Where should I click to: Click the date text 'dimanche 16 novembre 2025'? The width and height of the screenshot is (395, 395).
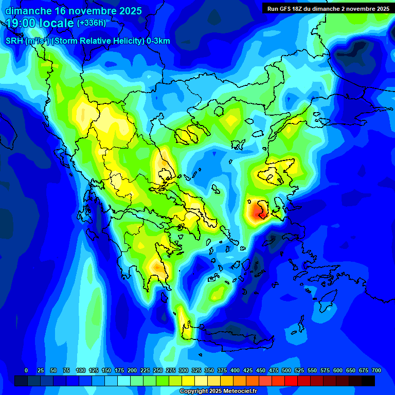click(74, 11)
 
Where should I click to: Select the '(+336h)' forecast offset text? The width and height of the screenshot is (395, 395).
click(92, 23)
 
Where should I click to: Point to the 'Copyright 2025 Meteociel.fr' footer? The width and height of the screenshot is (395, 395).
click(218, 391)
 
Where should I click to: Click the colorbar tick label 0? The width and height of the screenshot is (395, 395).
click(26, 370)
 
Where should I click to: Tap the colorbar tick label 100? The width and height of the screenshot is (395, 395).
click(81, 370)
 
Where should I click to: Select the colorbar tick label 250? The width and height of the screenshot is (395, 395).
click(158, 370)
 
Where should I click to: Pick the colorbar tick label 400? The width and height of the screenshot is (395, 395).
click(235, 370)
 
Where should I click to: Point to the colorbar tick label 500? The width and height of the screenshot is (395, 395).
click(286, 370)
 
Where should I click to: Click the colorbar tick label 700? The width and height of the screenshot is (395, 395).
click(376, 370)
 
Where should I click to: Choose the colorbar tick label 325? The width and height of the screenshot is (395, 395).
click(196, 370)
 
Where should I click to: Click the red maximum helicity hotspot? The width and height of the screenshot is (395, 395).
click(257, 211)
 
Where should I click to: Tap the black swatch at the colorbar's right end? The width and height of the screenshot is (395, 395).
click(368, 381)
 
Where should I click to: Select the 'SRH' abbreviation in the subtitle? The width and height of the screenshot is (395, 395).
click(14, 41)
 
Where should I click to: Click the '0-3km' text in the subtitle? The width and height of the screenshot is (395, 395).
click(158, 41)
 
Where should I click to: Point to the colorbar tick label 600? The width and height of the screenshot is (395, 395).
click(338, 370)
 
